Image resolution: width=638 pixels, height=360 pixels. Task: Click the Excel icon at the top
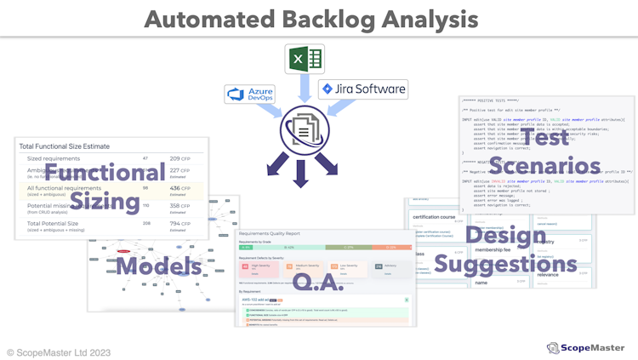tap(305, 59)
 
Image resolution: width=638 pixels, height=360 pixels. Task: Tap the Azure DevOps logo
tap(249, 94)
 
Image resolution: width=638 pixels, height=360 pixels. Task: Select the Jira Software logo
tap(362, 89)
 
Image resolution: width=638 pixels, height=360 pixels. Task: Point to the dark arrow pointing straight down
tap(300, 173)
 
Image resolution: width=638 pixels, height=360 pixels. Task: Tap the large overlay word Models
tap(158, 266)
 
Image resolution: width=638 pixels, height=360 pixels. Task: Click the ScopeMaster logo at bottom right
tap(586, 347)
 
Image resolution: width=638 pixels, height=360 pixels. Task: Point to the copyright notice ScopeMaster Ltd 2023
tap(59, 351)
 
